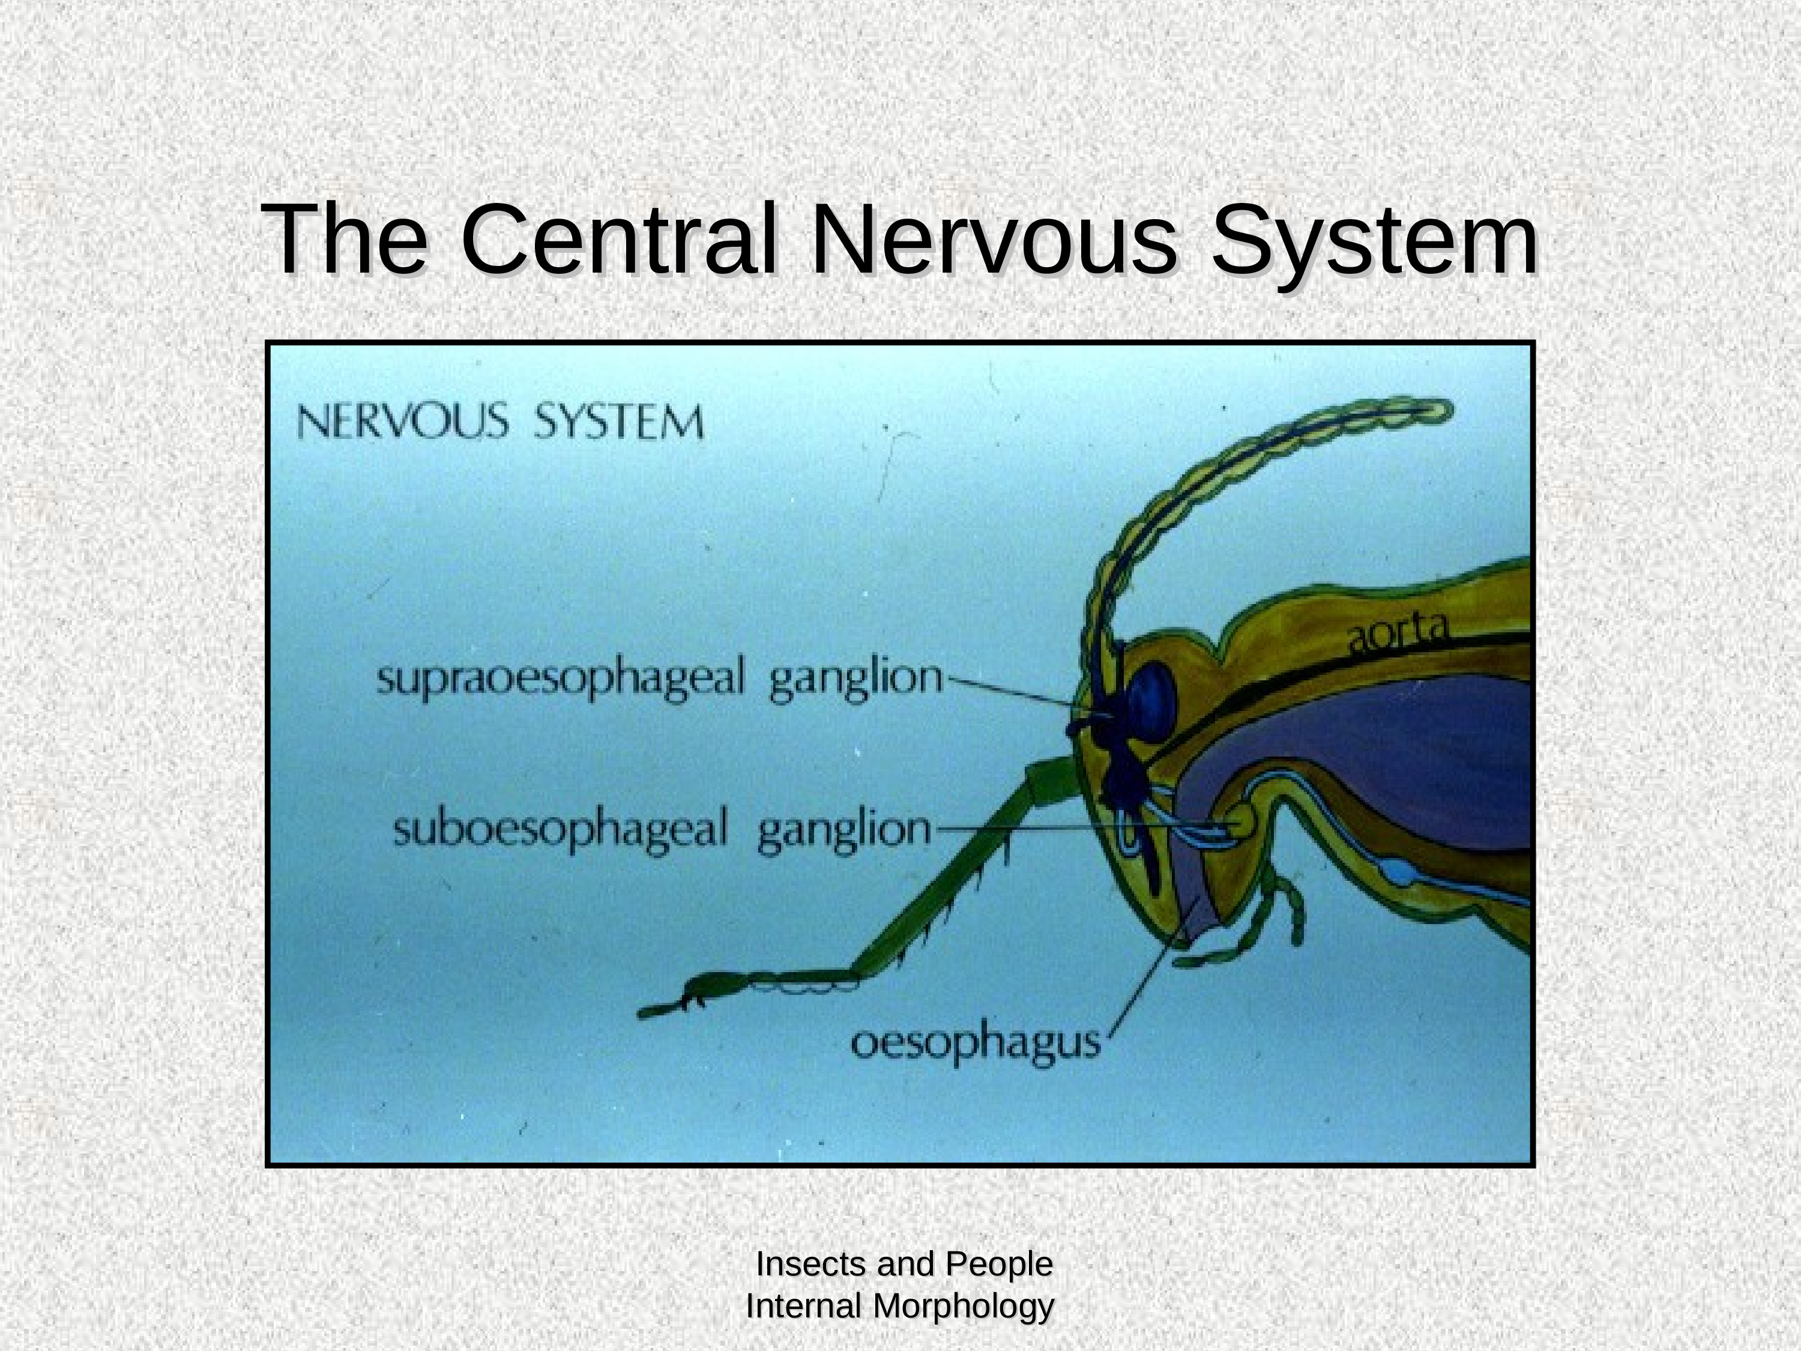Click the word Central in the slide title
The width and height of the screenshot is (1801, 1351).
[x=620, y=240]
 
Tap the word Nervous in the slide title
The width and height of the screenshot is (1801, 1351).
[x=994, y=240]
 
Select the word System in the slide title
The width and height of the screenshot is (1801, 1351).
[x=1375, y=244]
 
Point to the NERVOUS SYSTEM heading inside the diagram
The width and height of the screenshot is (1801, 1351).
[x=500, y=422]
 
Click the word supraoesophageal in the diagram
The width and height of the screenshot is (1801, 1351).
[x=560, y=679]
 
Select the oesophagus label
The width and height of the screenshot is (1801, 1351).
[x=976, y=1045]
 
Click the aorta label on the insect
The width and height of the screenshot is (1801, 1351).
[x=1398, y=632]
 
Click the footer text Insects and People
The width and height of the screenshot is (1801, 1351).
[x=904, y=1264]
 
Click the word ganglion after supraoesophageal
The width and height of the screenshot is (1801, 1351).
[x=855, y=682]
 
